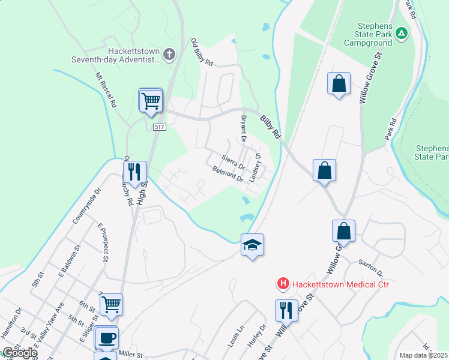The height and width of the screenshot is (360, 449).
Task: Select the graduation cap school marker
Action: tap(253, 245)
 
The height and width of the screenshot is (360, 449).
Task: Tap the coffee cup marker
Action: tap(106, 338)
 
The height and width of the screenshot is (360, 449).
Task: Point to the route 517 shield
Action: tap(159, 127)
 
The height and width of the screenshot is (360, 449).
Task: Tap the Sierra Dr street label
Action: tap(234, 161)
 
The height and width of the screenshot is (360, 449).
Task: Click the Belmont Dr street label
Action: tap(228, 175)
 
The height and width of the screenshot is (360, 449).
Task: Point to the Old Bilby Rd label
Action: tap(202, 52)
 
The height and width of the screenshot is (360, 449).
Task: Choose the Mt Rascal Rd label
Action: tap(105, 90)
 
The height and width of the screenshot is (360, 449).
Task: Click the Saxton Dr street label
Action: tap(371, 268)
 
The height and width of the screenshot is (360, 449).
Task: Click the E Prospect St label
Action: tap(101, 242)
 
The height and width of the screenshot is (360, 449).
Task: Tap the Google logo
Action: tap(19, 353)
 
